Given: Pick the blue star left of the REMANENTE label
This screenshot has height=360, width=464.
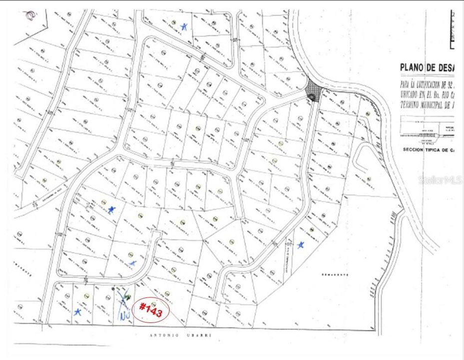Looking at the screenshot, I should (300, 245).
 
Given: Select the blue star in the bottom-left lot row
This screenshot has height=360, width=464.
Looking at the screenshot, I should (77, 311).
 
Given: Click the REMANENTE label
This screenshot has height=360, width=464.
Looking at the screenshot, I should (334, 275).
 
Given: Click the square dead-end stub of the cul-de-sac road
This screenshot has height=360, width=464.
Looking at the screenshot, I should (156, 235).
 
